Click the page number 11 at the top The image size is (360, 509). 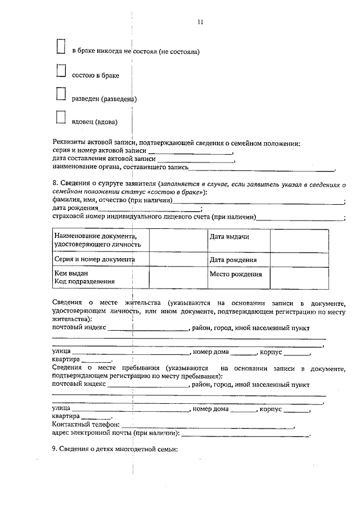[200, 22]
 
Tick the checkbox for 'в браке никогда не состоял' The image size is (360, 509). [62, 47]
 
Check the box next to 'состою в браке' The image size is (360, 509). [62, 70]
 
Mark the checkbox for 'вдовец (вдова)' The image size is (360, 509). [62, 116]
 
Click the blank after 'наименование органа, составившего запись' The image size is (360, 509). [262, 168]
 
